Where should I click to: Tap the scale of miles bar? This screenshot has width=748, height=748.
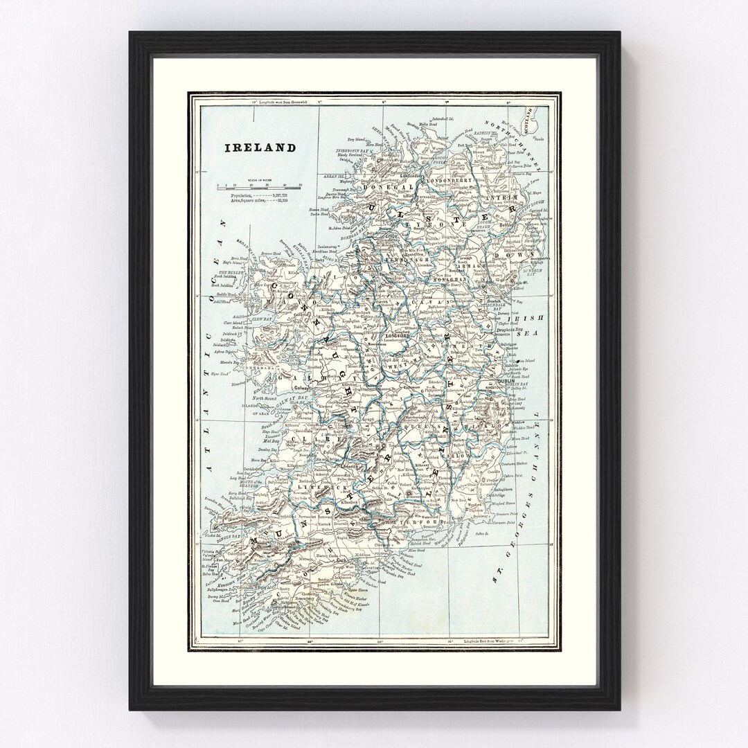[x=258, y=186]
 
